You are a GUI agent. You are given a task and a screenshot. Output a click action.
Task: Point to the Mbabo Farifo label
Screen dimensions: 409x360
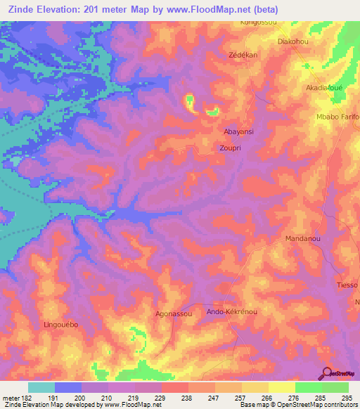337,116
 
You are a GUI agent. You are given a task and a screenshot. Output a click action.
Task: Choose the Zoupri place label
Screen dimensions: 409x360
231,149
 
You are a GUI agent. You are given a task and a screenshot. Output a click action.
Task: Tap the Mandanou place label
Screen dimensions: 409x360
303,240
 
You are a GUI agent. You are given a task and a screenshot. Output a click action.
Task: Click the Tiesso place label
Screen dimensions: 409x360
347,285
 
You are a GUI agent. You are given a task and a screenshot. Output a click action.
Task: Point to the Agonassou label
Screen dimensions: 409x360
173,314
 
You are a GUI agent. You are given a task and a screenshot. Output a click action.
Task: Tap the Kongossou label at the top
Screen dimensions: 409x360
258,22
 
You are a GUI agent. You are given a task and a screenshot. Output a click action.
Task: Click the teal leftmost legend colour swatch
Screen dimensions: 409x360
41,387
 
